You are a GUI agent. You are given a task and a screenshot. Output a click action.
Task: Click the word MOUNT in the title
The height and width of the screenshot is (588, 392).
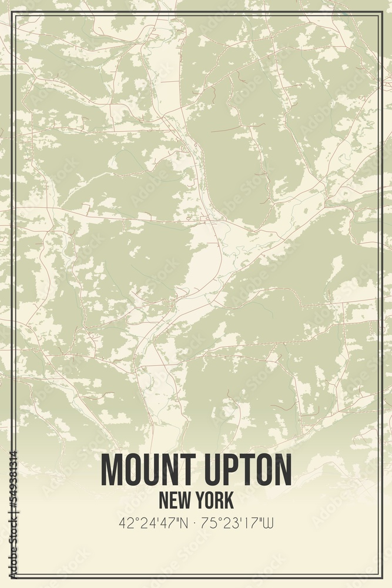(x=146, y=469)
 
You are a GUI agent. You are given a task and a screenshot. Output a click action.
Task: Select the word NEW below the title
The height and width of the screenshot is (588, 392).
(x=174, y=500)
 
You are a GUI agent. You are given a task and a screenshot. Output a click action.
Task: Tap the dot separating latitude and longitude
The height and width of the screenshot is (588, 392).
(x=196, y=523)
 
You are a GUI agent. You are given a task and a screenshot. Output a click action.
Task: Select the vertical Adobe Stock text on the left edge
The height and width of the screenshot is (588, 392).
(x=12, y=540)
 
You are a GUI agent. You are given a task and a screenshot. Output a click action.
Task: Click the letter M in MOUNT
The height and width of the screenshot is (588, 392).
(x=111, y=469)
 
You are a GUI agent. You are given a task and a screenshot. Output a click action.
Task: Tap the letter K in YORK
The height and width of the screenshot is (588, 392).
(x=229, y=500)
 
